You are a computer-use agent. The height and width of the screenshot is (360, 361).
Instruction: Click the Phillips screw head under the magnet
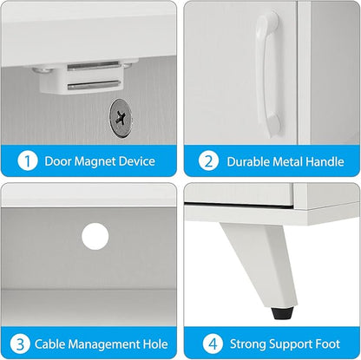[x=121, y=117]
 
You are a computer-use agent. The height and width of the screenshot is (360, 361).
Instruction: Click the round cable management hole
[x=95, y=236]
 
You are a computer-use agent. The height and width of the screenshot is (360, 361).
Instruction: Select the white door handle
[x=268, y=74]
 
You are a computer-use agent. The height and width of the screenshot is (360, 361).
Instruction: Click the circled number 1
[x=28, y=160]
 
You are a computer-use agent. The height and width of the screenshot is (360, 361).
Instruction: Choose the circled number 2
[x=209, y=161]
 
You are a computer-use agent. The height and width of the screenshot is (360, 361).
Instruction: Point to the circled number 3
[x=20, y=344]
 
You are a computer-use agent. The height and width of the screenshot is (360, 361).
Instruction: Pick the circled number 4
[x=213, y=344]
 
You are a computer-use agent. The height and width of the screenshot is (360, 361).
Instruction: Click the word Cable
[x=49, y=344]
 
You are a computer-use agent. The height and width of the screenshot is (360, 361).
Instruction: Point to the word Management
[x=104, y=345]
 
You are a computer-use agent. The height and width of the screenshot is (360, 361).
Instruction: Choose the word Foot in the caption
[x=328, y=344]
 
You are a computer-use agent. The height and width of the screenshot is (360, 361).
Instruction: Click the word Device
[x=137, y=161]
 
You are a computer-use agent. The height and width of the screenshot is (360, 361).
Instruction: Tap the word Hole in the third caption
[x=155, y=344]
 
